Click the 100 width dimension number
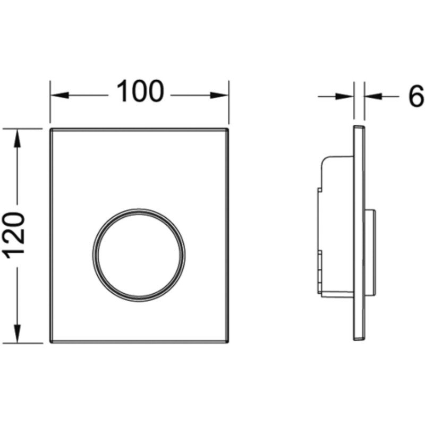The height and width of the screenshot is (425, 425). click(x=140, y=91)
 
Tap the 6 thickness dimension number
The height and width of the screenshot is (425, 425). click(x=416, y=96)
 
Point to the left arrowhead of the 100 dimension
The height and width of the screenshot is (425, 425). click(x=59, y=95)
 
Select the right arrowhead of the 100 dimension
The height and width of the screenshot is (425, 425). click(x=219, y=95)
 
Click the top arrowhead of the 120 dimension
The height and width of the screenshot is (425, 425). click(x=18, y=138)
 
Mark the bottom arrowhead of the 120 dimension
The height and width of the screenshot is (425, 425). click(x=18, y=334)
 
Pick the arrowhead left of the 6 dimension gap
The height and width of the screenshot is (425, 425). click(x=344, y=96)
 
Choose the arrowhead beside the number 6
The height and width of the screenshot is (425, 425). click(x=373, y=96)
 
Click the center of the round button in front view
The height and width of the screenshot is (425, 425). click(x=139, y=256)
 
